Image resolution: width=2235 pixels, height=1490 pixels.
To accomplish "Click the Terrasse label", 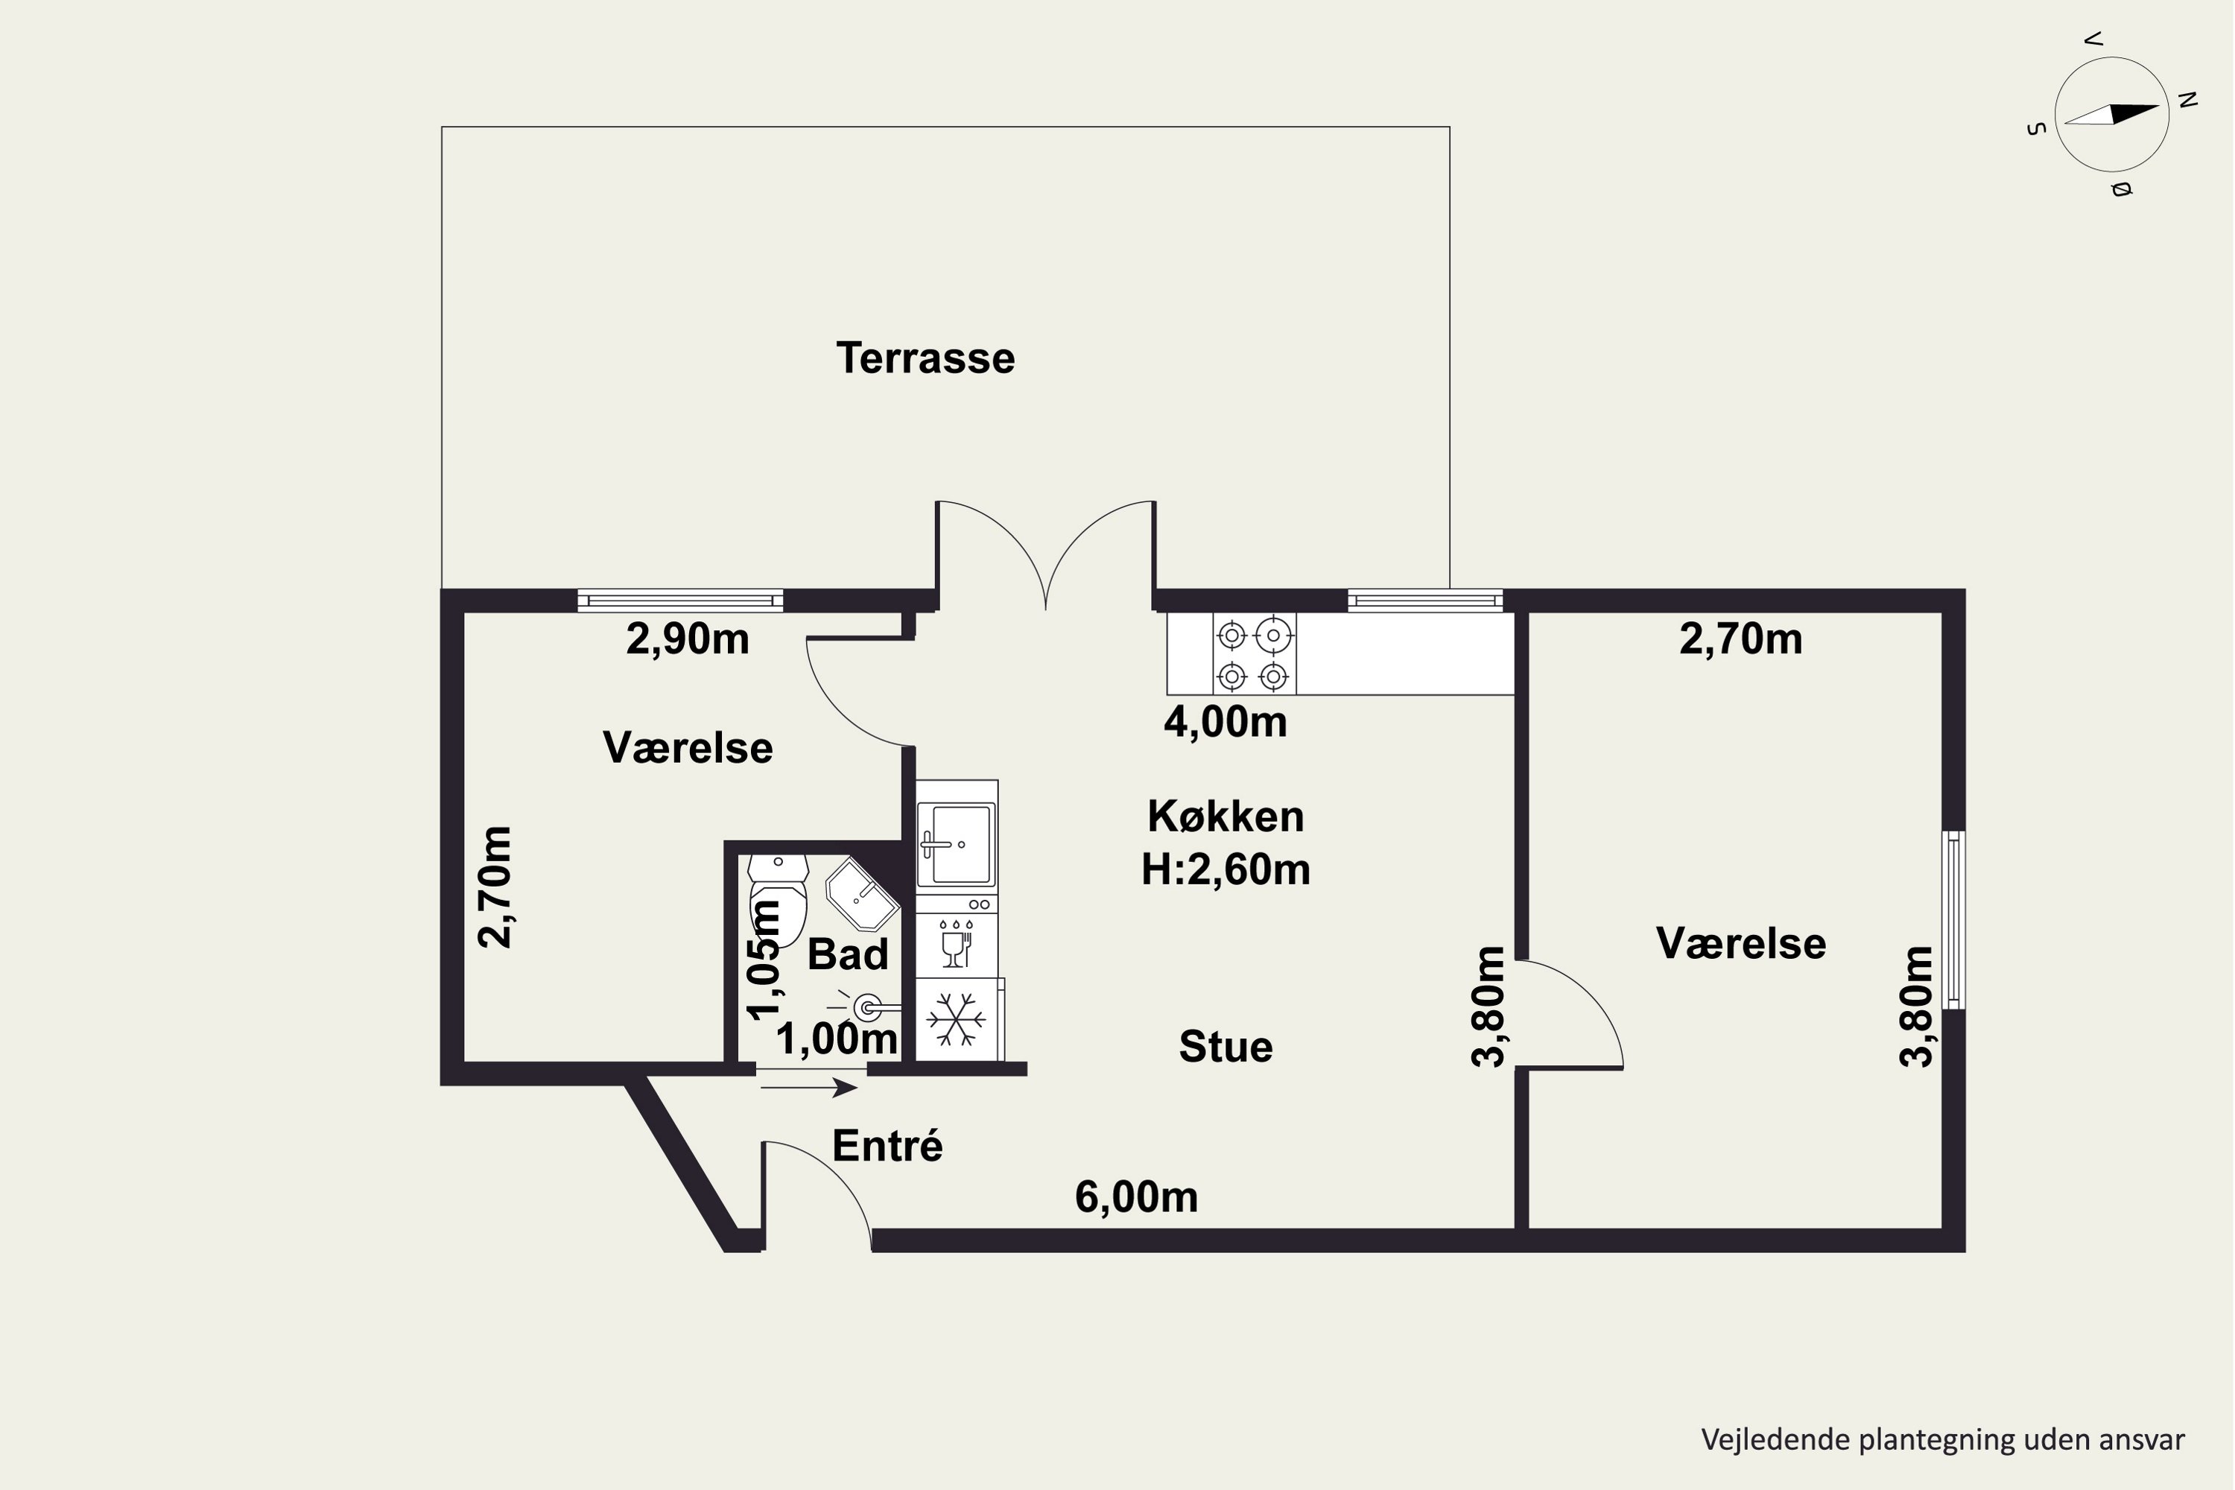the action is (925, 358).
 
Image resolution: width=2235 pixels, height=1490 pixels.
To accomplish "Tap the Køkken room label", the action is (1226, 817).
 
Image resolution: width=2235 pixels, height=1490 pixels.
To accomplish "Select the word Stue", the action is (1226, 1046).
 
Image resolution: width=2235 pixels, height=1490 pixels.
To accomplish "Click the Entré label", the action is (887, 1146).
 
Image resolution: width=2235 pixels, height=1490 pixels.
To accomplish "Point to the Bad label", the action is (848, 954).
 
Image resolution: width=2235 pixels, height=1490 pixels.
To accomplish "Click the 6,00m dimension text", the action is (1137, 1197).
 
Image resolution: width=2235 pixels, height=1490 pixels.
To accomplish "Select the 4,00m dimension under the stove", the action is (1226, 722).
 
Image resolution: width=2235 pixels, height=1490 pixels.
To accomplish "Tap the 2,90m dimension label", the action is (688, 639).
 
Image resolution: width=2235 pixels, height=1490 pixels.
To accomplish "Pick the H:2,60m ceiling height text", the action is (1226, 869).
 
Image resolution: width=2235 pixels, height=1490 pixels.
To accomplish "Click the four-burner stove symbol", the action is (1253, 655).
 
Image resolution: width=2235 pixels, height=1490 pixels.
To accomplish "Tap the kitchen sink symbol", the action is (956, 844).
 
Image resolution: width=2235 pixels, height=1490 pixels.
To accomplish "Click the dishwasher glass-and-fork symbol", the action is (956, 944).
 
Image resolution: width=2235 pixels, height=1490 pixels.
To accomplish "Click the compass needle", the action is (2111, 114).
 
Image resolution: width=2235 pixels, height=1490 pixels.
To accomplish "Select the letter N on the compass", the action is (2187, 99).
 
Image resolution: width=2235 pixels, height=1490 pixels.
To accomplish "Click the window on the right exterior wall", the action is (1953, 920).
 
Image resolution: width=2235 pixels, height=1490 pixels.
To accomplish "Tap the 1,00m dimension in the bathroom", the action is (837, 1039).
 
